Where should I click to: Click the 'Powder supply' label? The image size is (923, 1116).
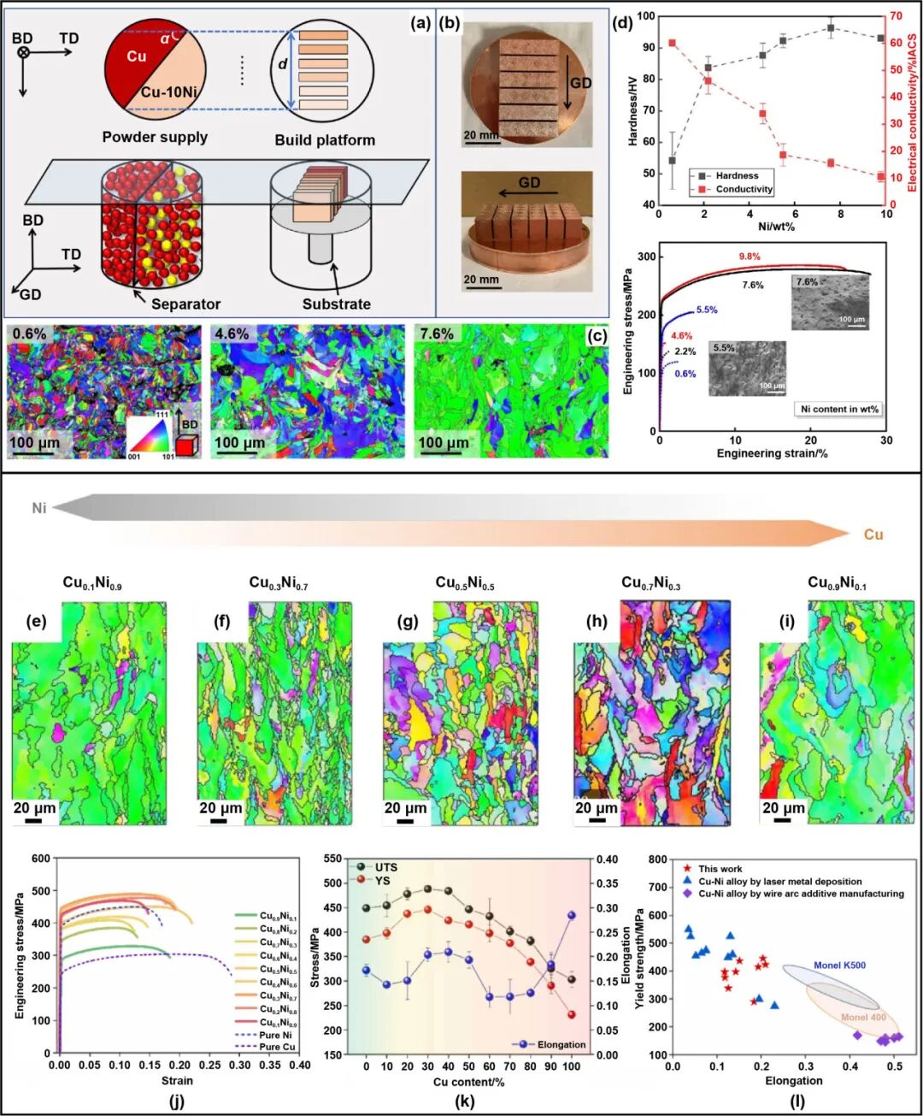(155, 137)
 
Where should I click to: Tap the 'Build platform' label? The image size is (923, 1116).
(325, 140)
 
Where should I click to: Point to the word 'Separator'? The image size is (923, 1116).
(185, 304)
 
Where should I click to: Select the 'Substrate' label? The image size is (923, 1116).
(337, 304)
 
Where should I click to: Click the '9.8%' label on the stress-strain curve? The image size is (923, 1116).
(750, 257)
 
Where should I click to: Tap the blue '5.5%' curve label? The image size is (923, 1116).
(707, 310)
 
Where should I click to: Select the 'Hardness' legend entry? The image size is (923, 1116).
(737, 175)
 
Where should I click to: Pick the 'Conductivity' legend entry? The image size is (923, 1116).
(744, 189)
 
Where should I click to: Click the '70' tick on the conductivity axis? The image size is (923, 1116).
(896, 15)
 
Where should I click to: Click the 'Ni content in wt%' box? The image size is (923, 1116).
(839, 409)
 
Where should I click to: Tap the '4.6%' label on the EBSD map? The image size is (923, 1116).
(232, 334)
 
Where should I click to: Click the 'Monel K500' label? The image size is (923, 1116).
(839, 965)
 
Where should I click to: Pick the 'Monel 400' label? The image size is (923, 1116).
(863, 1018)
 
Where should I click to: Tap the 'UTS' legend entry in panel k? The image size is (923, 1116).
(385, 867)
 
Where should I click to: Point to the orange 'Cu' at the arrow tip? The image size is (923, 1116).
(873, 534)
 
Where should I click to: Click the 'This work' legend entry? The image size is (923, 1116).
(720, 869)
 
